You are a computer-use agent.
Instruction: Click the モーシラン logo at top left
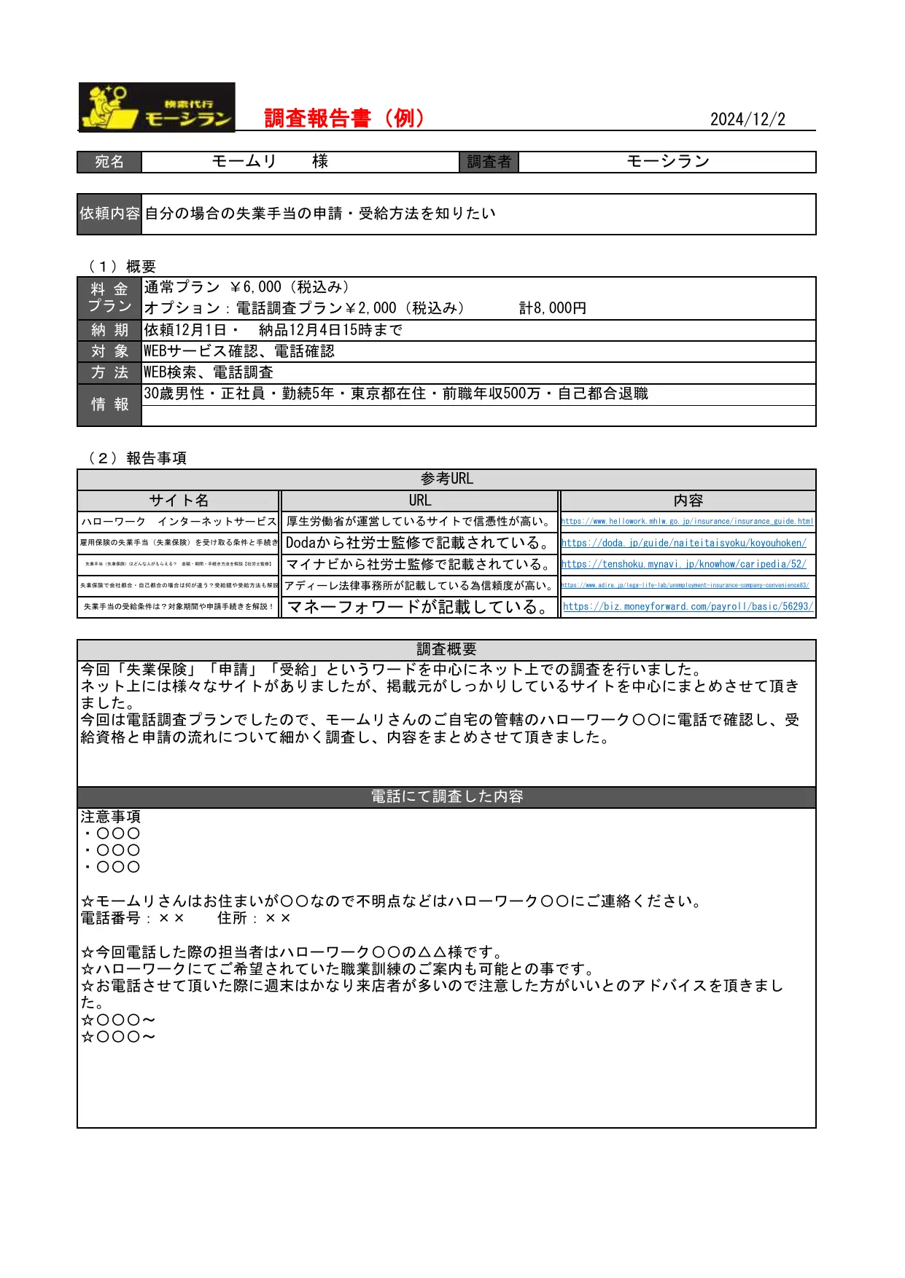(157, 107)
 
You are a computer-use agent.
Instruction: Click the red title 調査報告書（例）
(344, 118)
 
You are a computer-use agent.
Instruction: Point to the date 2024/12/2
(747, 119)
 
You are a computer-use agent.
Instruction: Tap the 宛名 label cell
(109, 162)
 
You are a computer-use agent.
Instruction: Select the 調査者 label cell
(489, 162)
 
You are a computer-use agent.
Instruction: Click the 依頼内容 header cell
(109, 213)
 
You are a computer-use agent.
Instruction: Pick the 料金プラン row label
(109, 298)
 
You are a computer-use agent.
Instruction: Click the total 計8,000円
(552, 308)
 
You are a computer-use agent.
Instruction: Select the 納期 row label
(109, 330)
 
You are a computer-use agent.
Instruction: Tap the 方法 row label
(109, 372)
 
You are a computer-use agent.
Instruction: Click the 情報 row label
(109, 404)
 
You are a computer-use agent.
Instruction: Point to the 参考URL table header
(446, 479)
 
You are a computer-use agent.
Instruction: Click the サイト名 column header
(179, 501)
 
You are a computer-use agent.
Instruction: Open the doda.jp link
(683, 543)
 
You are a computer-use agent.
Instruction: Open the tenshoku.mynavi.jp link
(683, 564)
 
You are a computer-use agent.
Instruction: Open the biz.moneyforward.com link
(687, 606)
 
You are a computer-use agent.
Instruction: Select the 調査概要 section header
(446, 649)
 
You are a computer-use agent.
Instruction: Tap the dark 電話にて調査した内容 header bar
(446, 796)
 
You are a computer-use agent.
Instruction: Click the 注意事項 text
(111, 817)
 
